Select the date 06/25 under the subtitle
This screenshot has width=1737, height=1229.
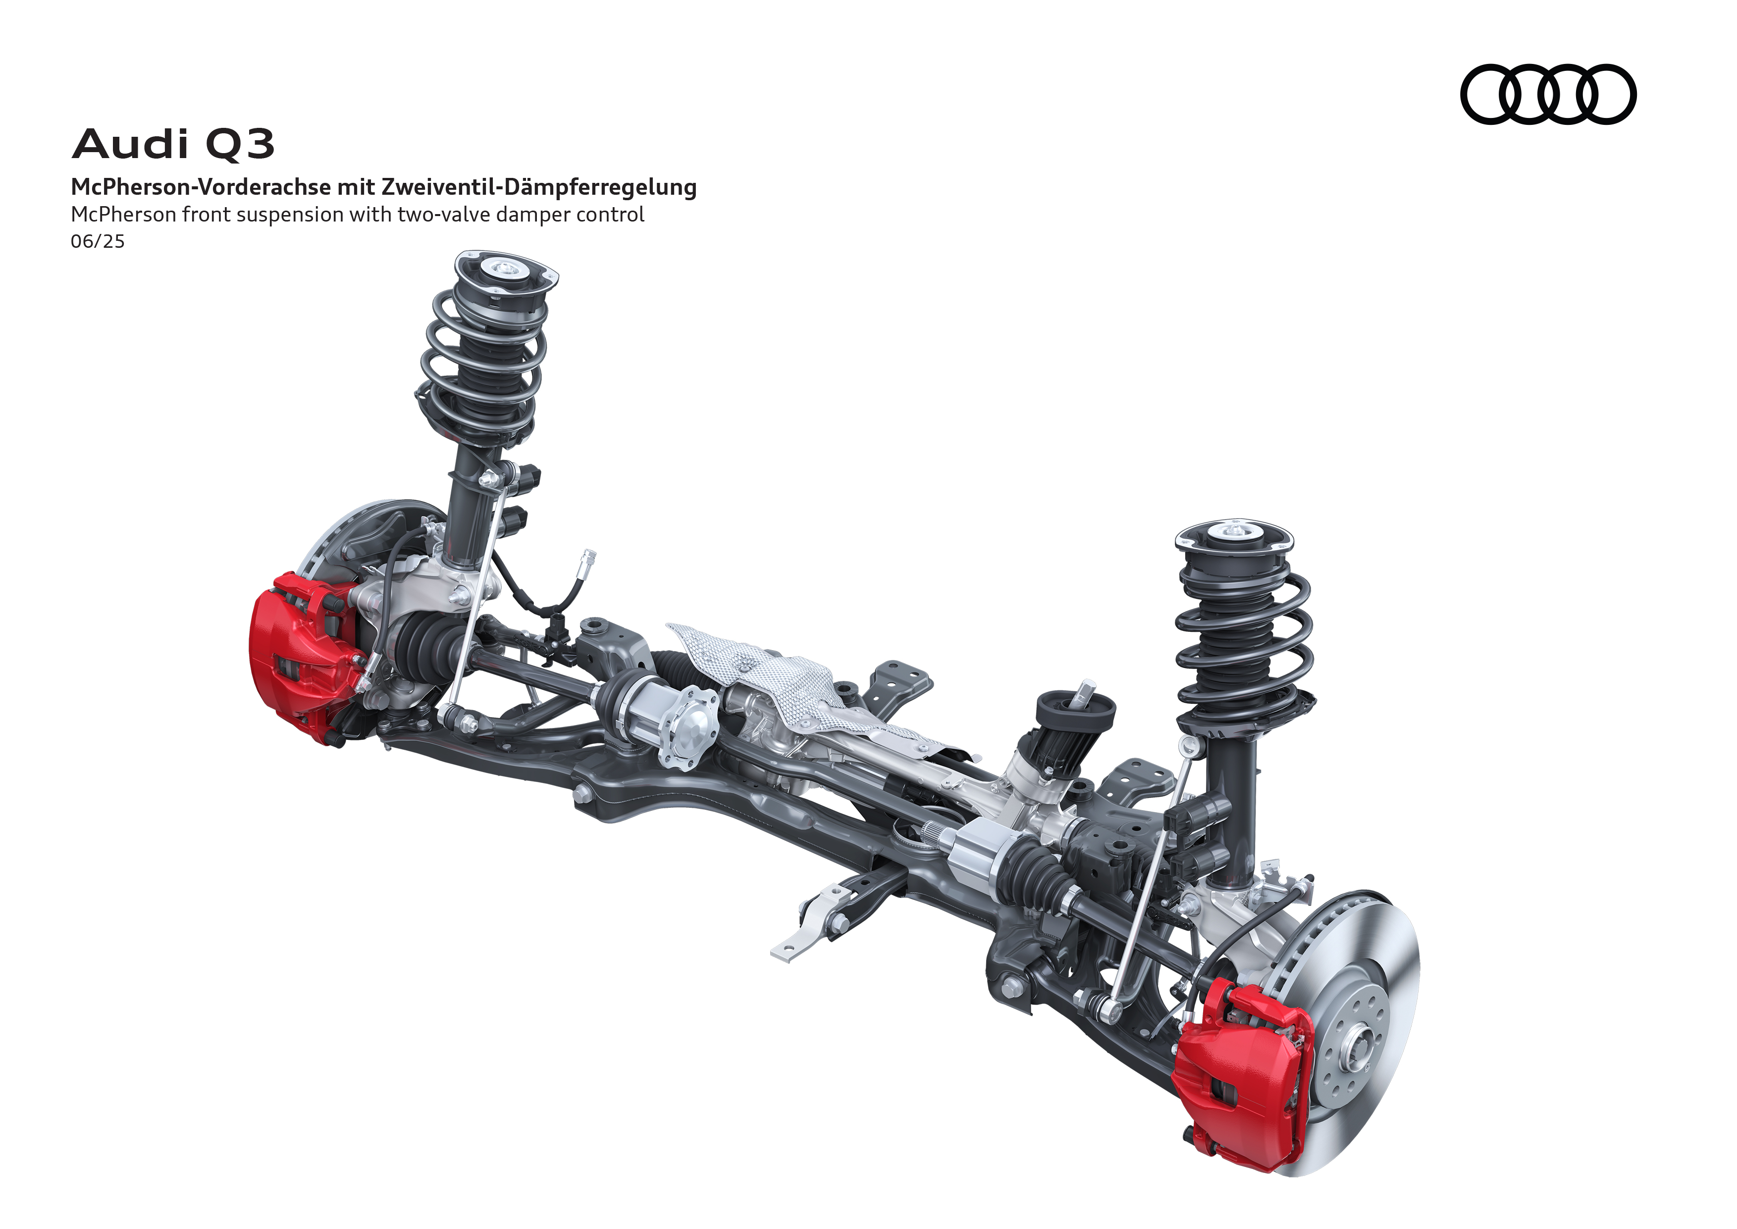[98, 241]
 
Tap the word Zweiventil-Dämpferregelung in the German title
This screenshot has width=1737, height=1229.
[539, 187]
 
